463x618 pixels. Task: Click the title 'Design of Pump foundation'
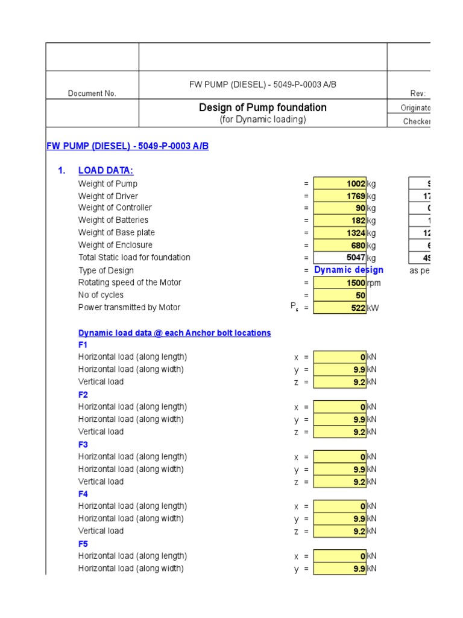coord(263,107)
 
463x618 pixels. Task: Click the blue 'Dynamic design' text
coord(348,270)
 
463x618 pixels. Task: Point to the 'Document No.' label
coord(92,94)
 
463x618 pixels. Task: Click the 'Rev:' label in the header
coord(418,94)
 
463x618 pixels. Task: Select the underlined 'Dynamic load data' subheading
coord(174,333)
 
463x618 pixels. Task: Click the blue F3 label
coord(83,444)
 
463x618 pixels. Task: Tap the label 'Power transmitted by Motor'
coord(129,307)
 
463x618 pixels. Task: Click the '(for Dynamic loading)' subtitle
coord(263,119)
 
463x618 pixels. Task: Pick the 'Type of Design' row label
coord(106,270)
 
